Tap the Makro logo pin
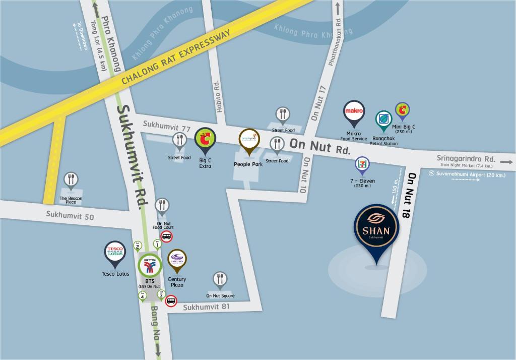click(354, 113)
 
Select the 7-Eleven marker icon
click(362, 165)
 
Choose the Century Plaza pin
click(177, 260)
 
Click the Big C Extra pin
click(205, 139)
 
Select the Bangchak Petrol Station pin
click(383, 120)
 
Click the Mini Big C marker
click(402, 110)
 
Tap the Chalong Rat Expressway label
click(176, 57)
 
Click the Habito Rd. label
click(217, 95)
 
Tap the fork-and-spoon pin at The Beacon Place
click(71, 180)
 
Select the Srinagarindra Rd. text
click(466, 159)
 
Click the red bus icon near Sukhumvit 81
click(171, 301)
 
